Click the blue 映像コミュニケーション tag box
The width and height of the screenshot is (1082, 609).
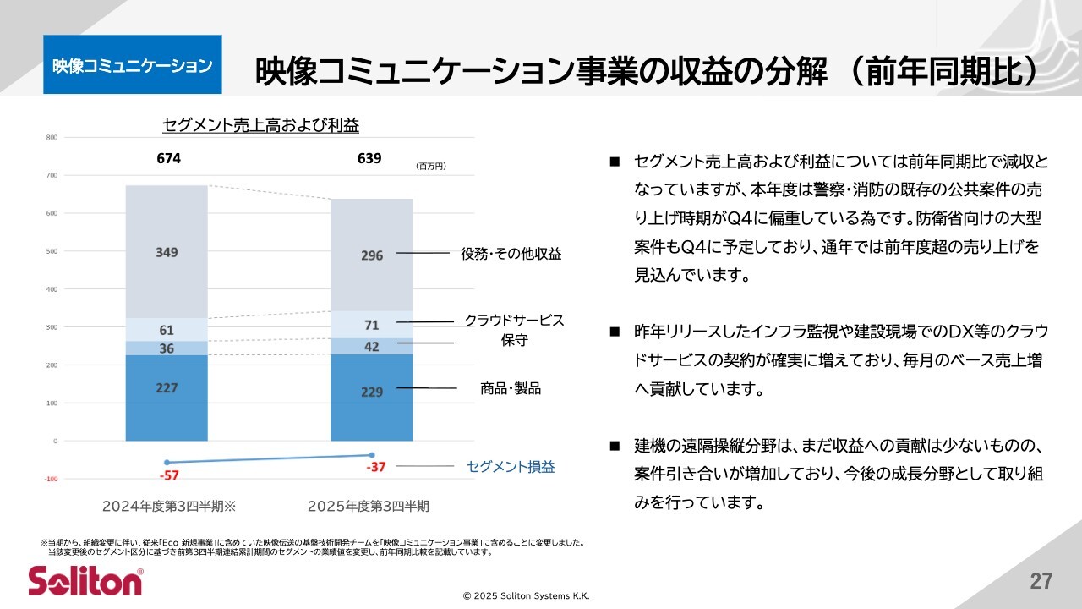click(x=132, y=65)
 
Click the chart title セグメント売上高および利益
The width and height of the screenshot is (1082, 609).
click(x=260, y=125)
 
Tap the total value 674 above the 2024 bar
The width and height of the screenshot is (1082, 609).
click(x=168, y=158)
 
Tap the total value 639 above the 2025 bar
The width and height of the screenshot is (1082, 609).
click(x=369, y=158)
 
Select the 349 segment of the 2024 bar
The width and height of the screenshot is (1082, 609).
click(x=167, y=252)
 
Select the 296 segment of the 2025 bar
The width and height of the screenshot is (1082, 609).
click(x=372, y=255)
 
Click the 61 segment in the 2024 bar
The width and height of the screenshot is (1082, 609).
click(x=167, y=330)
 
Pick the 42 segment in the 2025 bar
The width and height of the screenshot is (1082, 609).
click(x=372, y=346)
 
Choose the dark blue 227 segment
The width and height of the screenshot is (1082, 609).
click(x=167, y=389)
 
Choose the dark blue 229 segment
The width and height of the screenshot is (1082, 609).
click(x=372, y=392)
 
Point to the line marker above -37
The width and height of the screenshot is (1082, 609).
click(x=372, y=455)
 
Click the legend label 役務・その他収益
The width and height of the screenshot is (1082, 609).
click(x=511, y=253)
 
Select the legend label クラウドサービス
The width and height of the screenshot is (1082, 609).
click(x=514, y=321)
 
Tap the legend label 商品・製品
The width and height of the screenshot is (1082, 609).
click(x=510, y=388)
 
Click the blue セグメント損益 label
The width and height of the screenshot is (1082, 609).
click(x=511, y=466)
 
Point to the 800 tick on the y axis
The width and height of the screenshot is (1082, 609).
click(x=52, y=137)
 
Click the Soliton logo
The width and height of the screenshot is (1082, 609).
click(x=85, y=581)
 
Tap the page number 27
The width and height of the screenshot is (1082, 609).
click(x=1041, y=581)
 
